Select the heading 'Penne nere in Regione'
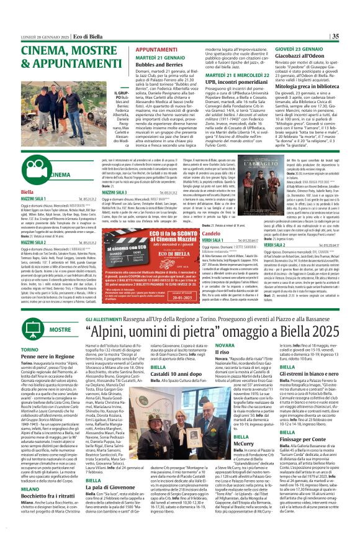[30, 375]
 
